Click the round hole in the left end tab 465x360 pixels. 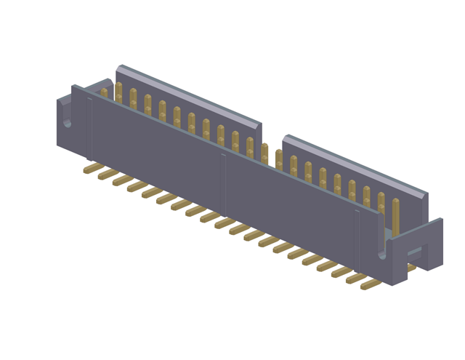click(x=68, y=122)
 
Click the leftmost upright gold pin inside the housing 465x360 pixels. click(x=104, y=93)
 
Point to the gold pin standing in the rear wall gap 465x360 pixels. click(x=264, y=155)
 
